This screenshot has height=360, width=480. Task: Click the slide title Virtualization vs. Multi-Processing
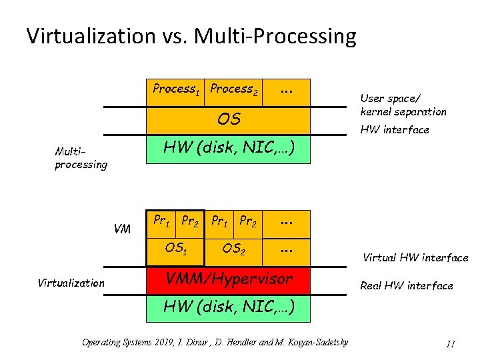point(191,36)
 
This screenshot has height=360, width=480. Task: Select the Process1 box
point(177,89)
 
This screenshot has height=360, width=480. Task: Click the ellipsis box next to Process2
point(287,89)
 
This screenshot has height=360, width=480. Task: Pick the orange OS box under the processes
point(229,119)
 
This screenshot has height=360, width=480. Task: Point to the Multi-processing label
point(81,158)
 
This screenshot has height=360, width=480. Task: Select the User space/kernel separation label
point(403,105)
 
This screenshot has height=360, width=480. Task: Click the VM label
point(122,229)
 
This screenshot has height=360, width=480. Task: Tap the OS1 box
point(176,249)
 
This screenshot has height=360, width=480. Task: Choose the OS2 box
point(233,249)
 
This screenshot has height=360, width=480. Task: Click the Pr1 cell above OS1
point(161,221)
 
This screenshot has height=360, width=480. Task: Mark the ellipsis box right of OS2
point(287,249)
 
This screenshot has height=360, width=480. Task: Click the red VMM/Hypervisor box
point(229,279)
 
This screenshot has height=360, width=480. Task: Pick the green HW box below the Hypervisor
point(229,307)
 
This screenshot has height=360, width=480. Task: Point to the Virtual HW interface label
point(415,257)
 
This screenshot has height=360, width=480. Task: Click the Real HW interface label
point(406,285)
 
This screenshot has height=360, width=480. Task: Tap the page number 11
point(450,344)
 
